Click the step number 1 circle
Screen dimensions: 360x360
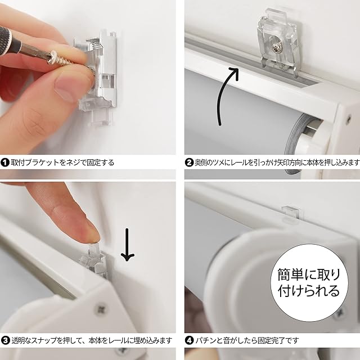(x=5, y=163)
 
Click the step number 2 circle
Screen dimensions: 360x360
(x=189, y=163)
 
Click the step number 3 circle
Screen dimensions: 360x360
(x=5, y=340)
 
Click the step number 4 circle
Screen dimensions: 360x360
(x=189, y=340)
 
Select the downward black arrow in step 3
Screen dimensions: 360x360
(x=128, y=245)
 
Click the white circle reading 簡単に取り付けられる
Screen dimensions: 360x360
(x=309, y=283)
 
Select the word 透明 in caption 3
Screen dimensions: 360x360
(x=17, y=340)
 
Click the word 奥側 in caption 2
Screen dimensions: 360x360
(x=201, y=163)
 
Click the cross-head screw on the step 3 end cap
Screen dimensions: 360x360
(x=101, y=310)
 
